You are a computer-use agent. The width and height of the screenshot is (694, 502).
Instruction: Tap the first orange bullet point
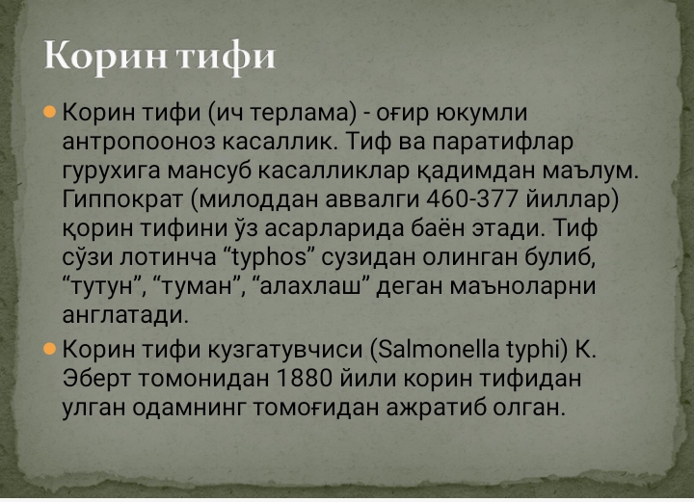(50, 113)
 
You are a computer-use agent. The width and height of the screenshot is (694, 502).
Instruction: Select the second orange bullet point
(50, 348)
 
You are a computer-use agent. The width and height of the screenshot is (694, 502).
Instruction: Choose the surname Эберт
(101, 378)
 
